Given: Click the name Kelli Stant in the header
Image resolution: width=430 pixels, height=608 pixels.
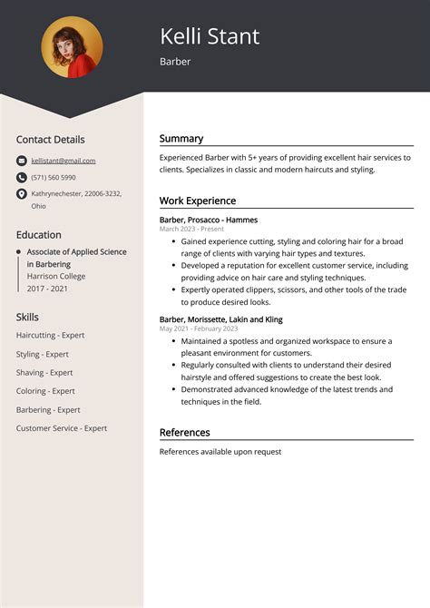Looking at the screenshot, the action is point(210,36).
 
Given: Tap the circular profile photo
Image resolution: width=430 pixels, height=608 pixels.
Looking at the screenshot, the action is point(72,47).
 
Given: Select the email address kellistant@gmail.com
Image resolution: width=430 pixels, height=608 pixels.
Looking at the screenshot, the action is point(63,161).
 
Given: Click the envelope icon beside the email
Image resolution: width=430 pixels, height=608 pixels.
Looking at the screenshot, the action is point(22,161).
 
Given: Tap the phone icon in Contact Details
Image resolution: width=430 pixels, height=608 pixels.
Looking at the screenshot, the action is point(22,177).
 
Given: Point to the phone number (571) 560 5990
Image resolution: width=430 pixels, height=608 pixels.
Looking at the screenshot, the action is point(54,177).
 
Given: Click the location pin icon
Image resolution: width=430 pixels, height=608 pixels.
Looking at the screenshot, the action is point(22,194).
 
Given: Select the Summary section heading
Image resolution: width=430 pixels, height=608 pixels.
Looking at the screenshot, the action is point(181,139).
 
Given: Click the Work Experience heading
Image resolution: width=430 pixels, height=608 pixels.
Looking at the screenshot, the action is point(198,201).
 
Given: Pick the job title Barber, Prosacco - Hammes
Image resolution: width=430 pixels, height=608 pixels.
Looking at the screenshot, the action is point(209,220).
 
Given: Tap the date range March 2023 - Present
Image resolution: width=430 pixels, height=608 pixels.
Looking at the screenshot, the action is point(191,230).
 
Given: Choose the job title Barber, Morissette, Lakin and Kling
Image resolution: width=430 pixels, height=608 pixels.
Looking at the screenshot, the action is point(220,319).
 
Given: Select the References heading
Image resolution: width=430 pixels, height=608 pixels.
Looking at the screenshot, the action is point(184,433).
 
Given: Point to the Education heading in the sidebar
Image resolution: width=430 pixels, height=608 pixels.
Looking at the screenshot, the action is point(39,235).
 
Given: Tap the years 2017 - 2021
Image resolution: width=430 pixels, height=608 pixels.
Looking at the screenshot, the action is point(47,288).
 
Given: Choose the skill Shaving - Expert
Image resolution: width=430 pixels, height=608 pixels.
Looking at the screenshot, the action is point(44,372).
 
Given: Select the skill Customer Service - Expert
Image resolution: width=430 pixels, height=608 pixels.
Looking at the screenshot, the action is point(62,428).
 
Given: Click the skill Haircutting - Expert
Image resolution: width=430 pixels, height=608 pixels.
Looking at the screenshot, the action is point(50,335).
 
